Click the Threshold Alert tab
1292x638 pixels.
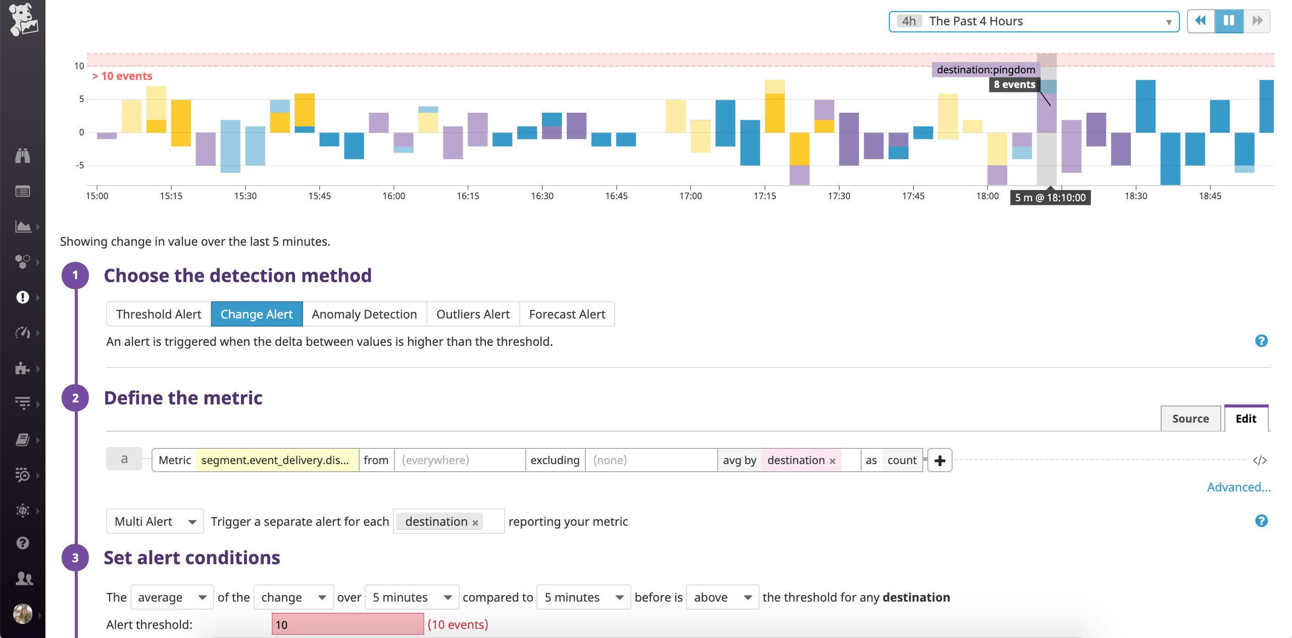159,314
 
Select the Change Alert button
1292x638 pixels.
257,314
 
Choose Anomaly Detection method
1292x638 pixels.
364,314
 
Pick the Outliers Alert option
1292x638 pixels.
473,314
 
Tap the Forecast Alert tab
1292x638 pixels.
567,314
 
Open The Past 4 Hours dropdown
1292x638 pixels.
1033,21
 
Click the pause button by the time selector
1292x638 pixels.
1228,21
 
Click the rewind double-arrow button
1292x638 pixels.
1201,21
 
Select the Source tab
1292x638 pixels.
1190,419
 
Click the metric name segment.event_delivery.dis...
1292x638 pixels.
276,460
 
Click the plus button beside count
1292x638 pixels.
939,461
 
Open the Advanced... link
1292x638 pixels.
1238,487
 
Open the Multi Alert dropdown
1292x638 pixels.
155,521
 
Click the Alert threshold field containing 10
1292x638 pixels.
347,624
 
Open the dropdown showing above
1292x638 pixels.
722,598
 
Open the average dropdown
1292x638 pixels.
172,598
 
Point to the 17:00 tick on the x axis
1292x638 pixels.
690,196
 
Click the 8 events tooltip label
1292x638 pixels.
1014,84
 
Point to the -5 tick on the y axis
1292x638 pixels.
80,165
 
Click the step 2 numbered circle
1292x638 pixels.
75,398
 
